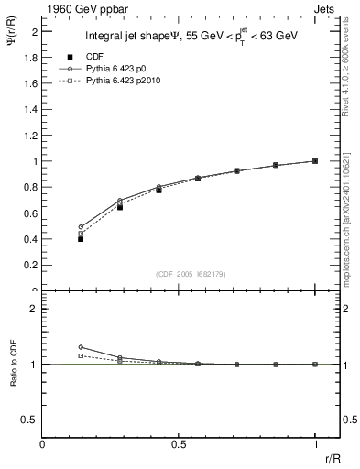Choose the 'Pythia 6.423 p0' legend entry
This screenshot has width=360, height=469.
(117, 69)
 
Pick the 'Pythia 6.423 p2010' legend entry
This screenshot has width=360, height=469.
(124, 82)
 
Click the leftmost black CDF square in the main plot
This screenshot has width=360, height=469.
(81, 238)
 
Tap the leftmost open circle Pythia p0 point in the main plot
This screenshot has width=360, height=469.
(81, 226)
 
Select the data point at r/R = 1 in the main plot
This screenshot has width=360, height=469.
(314, 161)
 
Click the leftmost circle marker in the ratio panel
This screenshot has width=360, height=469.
(81, 347)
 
